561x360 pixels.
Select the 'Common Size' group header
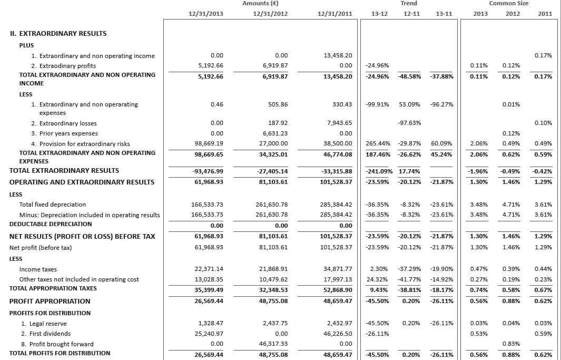pos(508,4)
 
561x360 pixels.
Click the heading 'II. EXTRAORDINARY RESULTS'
pos(58,33)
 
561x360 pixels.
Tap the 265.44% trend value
pos(377,143)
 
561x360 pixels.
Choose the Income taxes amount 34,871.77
pos(337,269)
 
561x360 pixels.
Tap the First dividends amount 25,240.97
pos(209,334)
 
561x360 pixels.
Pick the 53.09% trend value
pos(409,104)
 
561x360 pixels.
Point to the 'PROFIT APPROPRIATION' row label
pos(50,301)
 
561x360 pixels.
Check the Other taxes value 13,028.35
pos(209,279)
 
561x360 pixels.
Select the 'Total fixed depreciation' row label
pos(52,204)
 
